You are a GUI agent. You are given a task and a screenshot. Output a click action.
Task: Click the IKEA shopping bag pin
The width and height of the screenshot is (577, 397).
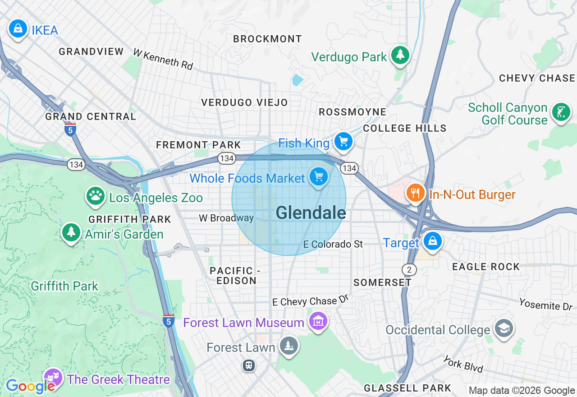pyautogui.click(x=18, y=29)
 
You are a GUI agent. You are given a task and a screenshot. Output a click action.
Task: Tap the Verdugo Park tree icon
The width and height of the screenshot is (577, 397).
pyautogui.click(x=400, y=55)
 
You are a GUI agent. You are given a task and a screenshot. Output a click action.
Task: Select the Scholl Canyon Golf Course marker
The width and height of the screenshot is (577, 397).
pyautogui.click(x=561, y=112)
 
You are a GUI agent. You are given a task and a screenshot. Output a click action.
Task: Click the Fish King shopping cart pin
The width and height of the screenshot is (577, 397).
pyautogui.click(x=343, y=142)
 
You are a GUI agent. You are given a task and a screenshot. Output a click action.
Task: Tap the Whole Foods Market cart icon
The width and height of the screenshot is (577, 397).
pyautogui.click(x=319, y=176)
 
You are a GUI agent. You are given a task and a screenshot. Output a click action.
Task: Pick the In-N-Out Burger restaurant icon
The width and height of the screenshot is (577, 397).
pyautogui.click(x=415, y=193)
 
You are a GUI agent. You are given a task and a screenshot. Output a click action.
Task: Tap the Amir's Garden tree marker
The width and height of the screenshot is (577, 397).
pyautogui.click(x=71, y=232)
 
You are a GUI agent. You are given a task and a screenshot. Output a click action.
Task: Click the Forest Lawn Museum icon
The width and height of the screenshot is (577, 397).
pyautogui.click(x=318, y=321)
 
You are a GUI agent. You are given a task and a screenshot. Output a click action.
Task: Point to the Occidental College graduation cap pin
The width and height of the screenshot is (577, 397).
pyautogui.click(x=503, y=328)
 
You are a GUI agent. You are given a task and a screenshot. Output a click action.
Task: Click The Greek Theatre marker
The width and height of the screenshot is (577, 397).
pyautogui.click(x=53, y=377)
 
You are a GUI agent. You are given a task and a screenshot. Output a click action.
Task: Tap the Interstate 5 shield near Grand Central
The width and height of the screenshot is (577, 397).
pyautogui.click(x=70, y=129)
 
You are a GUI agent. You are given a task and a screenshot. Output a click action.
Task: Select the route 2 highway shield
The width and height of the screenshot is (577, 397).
pyautogui.click(x=409, y=270)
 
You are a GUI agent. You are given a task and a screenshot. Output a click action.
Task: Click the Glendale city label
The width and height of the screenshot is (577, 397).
pyautogui.click(x=311, y=212)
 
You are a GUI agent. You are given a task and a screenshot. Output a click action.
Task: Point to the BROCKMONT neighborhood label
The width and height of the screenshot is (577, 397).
pyautogui.click(x=267, y=39)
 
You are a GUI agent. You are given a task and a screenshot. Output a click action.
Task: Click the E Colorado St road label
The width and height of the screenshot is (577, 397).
pyautogui.click(x=333, y=244)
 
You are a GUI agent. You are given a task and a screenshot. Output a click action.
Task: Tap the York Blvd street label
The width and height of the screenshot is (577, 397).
pyautogui.click(x=463, y=364)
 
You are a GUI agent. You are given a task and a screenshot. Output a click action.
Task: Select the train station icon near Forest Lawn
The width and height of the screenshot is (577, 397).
pyautogui.click(x=248, y=365)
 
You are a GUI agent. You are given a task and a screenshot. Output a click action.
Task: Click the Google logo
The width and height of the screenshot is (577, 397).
pyautogui.click(x=30, y=386)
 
